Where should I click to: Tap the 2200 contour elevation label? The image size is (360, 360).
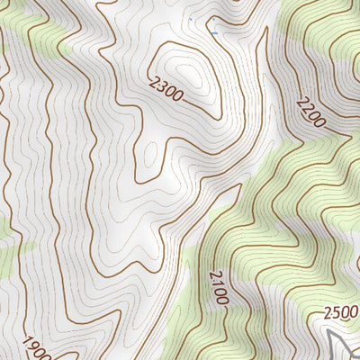(309, 112)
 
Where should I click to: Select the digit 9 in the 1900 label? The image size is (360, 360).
(32, 346)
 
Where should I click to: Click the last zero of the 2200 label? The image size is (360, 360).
(318, 122)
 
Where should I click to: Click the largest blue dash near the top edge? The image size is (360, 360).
(214, 32)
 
